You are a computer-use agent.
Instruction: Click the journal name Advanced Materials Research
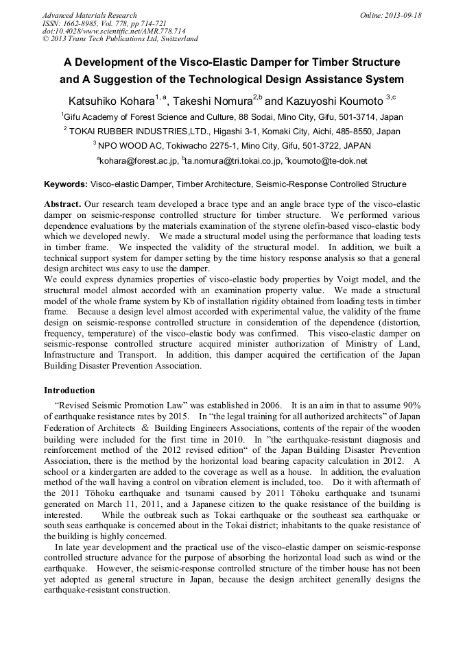pyautogui.click(x=89, y=15)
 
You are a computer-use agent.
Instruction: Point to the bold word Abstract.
pyautogui.click(x=62, y=205)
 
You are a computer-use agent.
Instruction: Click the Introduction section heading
pyautogui.click(x=69, y=390)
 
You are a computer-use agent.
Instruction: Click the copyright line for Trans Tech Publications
pyautogui.click(x=120, y=39)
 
